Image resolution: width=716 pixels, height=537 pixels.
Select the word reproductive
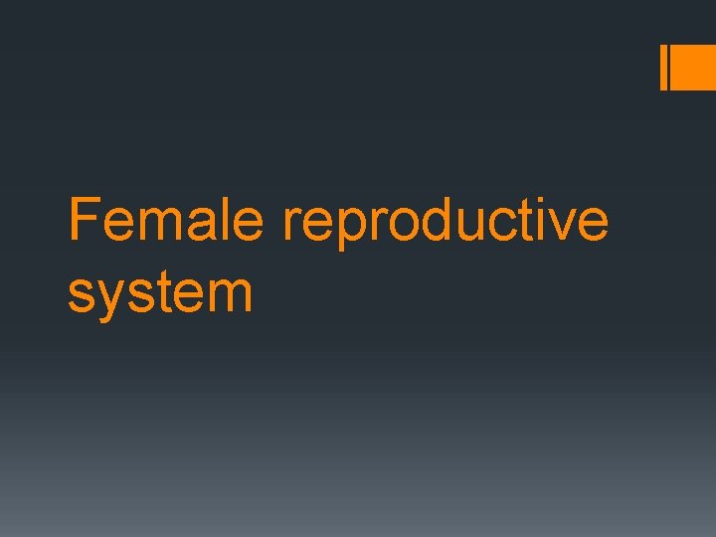(x=445, y=222)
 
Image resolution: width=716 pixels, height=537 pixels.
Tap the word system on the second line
(x=160, y=294)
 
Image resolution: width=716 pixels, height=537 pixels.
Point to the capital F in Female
(x=85, y=220)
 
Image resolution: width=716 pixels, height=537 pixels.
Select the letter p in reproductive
(x=347, y=229)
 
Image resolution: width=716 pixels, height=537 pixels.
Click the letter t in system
(x=162, y=292)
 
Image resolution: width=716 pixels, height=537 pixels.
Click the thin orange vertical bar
(x=664, y=68)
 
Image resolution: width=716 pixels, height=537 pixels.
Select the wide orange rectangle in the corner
(x=695, y=68)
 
